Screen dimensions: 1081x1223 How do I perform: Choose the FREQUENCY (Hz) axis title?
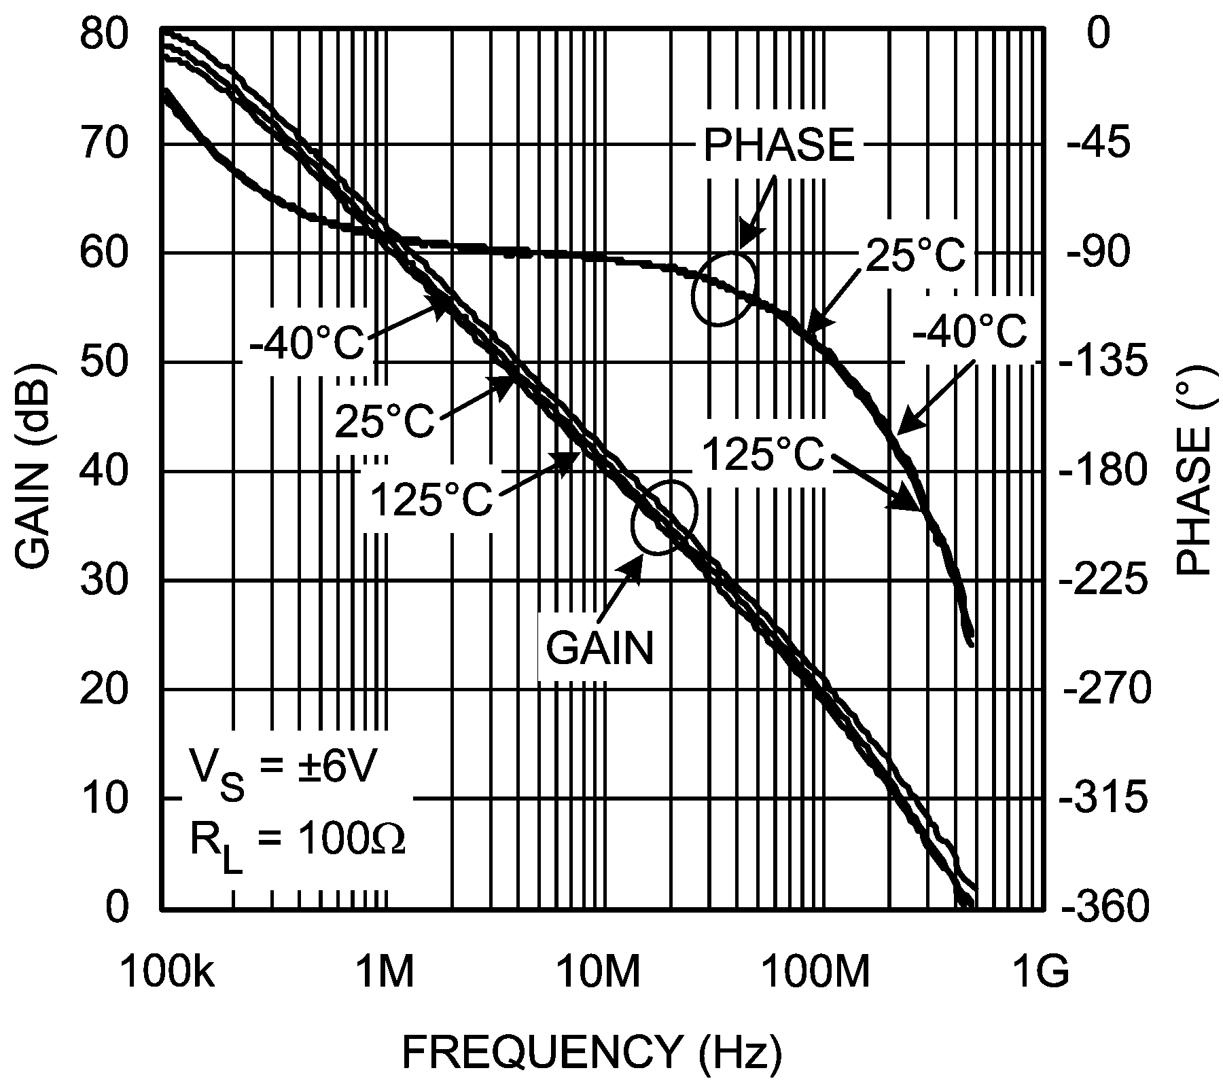click(592, 1052)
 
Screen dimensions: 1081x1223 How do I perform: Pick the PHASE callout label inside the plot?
click(778, 145)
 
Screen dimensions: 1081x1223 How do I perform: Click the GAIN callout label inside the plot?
click(599, 648)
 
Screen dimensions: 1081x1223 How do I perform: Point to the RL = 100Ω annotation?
click(297, 842)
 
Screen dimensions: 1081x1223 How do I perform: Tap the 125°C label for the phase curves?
click(762, 454)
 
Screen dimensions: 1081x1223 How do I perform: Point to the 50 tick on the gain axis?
click(103, 363)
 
